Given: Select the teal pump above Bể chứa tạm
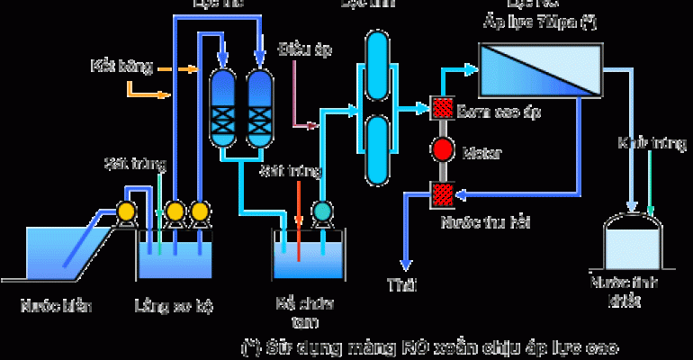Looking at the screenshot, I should coord(321,211).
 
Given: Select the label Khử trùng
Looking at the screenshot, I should coord(641,143).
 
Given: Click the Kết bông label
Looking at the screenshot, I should coord(114,66).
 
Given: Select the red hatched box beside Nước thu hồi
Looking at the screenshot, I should coord(442,193).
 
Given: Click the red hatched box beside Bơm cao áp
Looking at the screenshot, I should coord(442,107).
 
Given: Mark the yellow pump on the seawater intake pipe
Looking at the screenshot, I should coord(127,211).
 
